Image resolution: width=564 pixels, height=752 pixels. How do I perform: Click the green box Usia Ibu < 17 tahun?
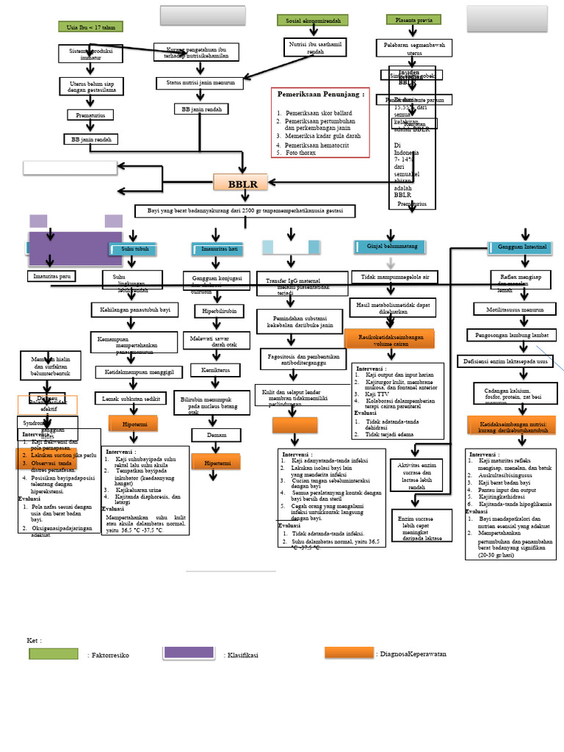point(90,27)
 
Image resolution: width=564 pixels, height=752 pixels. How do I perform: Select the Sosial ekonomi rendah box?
point(313,21)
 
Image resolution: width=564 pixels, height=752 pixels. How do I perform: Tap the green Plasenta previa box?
point(413,20)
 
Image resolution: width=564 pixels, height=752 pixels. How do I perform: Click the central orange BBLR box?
point(242,184)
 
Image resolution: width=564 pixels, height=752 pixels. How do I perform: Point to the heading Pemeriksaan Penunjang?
point(320,95)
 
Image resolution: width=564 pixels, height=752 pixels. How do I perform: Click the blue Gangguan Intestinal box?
point(521,247)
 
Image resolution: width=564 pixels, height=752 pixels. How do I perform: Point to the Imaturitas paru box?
point(51,276)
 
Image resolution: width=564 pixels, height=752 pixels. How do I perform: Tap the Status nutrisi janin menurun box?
point(200,84)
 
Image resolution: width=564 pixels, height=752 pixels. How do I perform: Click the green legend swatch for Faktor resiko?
point(53,654)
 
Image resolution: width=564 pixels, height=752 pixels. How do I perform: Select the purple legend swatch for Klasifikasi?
point(188,653)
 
